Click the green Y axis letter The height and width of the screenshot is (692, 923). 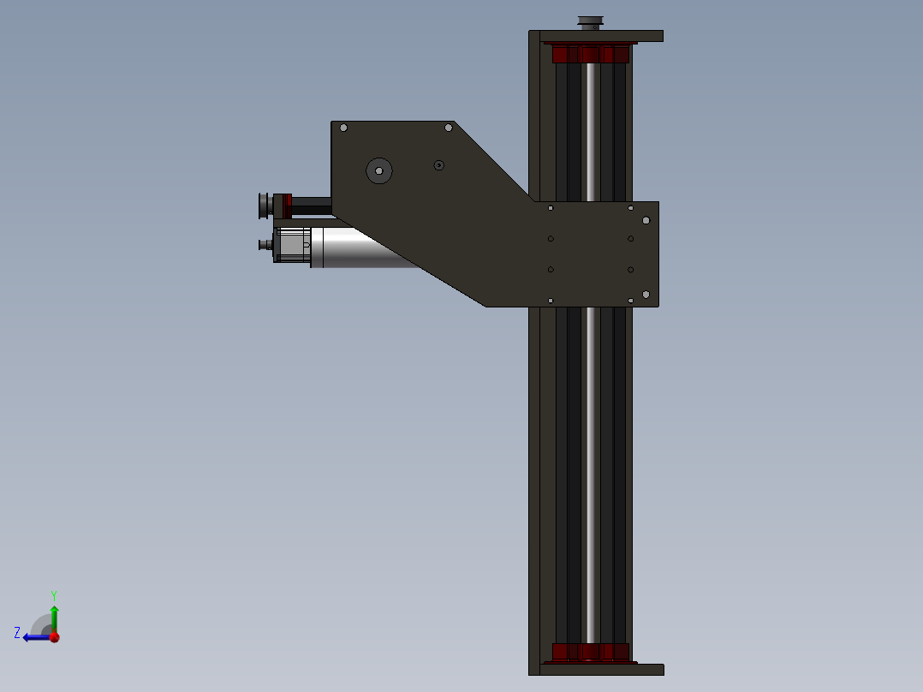(x=54, y=595)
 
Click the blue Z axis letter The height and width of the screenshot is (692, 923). (x=17, y=633)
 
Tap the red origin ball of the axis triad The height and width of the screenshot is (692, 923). (x=55, y=637)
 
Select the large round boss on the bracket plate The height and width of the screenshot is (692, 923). (x=379, y=170)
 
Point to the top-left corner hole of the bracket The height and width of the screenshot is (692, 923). (x=344, y=128)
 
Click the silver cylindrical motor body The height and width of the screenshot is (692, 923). (x=365, y=248)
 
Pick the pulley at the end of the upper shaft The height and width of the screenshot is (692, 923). (x=264, y=206)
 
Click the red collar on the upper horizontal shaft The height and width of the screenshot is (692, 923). (x=287, y=206)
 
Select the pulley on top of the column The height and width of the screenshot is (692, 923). (x=591, y=22)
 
